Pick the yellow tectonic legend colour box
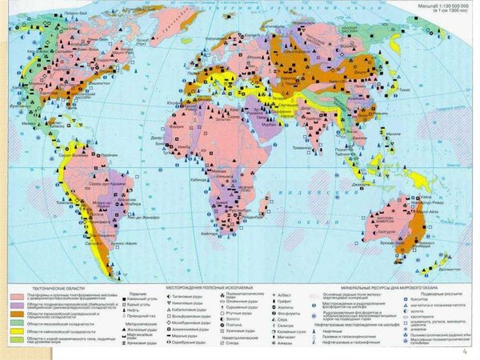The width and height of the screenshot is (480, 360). pos(16,331)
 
